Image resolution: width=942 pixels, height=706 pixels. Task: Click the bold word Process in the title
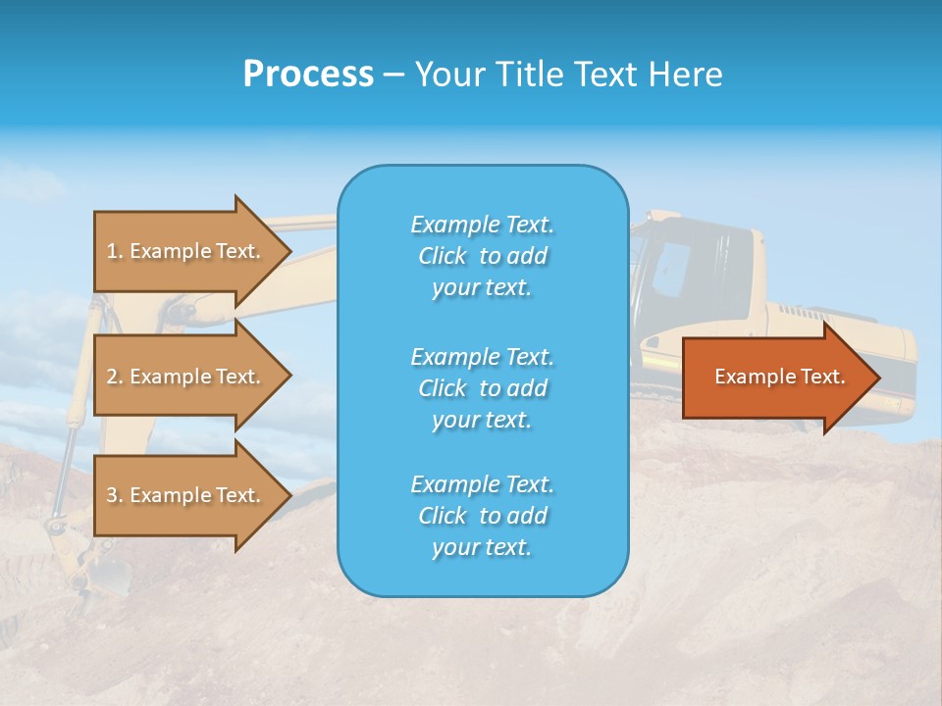(308, 75)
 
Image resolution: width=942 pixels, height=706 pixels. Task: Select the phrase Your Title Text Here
(568, 75)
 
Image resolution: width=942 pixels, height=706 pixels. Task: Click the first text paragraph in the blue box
(482, 256)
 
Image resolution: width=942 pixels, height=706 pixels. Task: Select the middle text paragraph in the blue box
(482, 388)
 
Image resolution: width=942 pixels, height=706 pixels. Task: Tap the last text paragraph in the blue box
(482, 516)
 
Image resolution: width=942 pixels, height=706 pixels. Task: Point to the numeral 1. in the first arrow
(114, 251)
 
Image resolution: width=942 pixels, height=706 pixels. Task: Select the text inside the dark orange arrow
(779, 377)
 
